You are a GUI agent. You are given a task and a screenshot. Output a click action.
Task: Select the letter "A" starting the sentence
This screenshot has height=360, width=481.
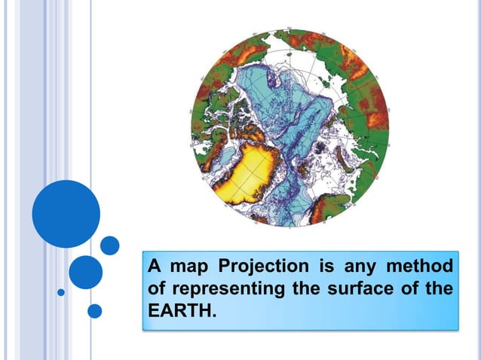155,266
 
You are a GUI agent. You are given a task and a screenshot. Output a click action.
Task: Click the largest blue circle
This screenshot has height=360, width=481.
66,213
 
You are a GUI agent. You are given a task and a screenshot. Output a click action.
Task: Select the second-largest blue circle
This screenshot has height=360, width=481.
85,272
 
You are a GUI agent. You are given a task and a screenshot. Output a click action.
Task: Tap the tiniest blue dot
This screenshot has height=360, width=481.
61,291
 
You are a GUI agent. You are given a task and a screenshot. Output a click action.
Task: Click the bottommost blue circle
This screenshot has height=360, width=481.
94,310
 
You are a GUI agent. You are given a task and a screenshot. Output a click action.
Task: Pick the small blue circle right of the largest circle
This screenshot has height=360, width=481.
110,246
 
